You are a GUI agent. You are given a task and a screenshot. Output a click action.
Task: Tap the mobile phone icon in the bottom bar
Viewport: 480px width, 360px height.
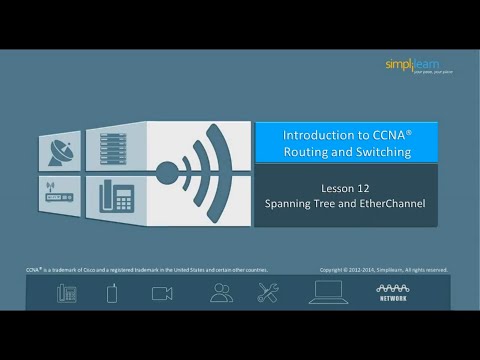point(113,293)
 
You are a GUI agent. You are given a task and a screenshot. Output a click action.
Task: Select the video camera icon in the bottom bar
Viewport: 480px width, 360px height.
point(162,293)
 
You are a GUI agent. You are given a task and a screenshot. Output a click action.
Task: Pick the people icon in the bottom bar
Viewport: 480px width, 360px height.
point(221,293)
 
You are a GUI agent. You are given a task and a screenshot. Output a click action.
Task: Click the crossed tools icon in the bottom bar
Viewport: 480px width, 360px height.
point(268,293)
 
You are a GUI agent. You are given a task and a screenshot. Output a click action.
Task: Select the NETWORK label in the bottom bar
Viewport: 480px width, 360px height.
point(391,298)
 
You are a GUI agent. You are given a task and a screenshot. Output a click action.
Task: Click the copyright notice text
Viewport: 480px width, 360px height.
point(384,269)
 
